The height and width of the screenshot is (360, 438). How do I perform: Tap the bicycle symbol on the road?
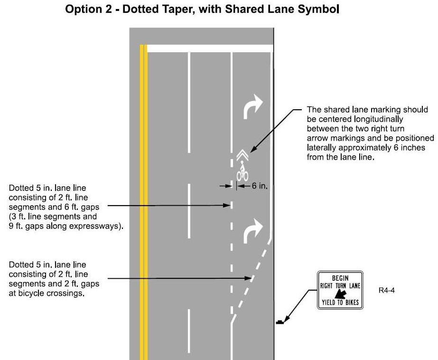click(242, 171)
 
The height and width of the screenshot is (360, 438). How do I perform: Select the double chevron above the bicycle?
click(242, 155)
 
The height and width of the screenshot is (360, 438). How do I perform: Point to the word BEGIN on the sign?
click(340, 278)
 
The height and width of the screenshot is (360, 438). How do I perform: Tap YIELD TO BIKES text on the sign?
click(340, 303)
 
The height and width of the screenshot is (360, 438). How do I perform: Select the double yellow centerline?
click(143, 199)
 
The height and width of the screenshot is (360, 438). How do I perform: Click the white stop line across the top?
click(209, 48)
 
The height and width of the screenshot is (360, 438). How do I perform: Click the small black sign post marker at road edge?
click(280, 322)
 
